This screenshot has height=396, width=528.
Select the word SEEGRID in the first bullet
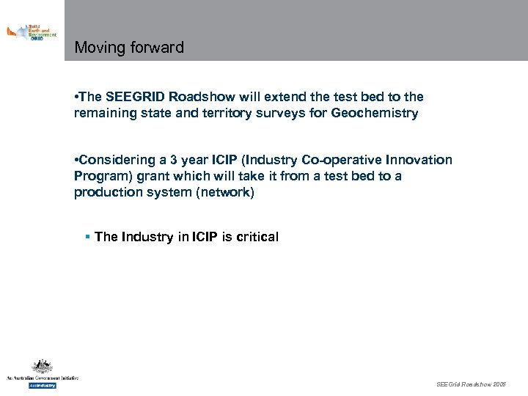pos(135,97)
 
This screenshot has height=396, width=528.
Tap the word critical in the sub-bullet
pos(254,237)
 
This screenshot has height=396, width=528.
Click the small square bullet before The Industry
pos(87,236)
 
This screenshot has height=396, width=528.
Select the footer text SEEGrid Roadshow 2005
pos(470,384)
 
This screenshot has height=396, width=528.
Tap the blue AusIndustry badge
pos(42,384)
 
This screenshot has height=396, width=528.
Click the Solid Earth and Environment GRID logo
pos(31,32)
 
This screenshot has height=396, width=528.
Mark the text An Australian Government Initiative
pos(42,378)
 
